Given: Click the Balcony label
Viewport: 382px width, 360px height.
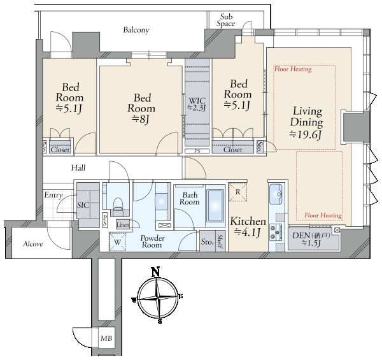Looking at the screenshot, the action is click(x=136, y=30).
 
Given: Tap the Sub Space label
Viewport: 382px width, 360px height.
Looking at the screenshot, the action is click(x=226, y=20).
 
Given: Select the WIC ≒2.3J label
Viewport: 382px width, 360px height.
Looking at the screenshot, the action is click(x=197, y=104).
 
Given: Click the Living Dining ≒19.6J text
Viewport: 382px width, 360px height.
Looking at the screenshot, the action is click(x=306, y=122).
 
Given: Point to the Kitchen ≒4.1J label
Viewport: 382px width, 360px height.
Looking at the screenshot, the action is click(x=248, y=227).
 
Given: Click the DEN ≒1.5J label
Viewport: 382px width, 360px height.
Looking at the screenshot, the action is click(x=311, y=239).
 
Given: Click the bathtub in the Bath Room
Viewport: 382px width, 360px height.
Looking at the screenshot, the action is click(x=215, y=205).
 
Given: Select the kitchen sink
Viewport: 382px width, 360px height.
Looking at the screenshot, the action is click(x=276, y=194).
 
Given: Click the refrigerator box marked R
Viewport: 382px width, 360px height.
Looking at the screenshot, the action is click(x=237, y=192).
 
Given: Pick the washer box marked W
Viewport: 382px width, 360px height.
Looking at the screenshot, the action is click(x=117, y=242).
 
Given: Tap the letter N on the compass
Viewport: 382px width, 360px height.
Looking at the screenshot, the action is click(x=156, y=272).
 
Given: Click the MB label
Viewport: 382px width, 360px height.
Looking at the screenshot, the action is click(x=106, y=338).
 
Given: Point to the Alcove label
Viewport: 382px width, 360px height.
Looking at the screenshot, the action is click(x=33, y=244).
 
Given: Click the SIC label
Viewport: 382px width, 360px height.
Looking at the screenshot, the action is click(x=83, y=205).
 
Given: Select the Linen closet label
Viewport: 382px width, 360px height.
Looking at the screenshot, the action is click(x=123, y=224).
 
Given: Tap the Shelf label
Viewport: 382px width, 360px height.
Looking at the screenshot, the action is click(x=220, y=241).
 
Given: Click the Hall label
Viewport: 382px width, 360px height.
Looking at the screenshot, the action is click(x=78, y=168).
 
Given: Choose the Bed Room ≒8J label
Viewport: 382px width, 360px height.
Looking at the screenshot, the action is click(x=141, y=108).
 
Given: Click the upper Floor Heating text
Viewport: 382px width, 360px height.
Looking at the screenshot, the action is click(x=293, y=69).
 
